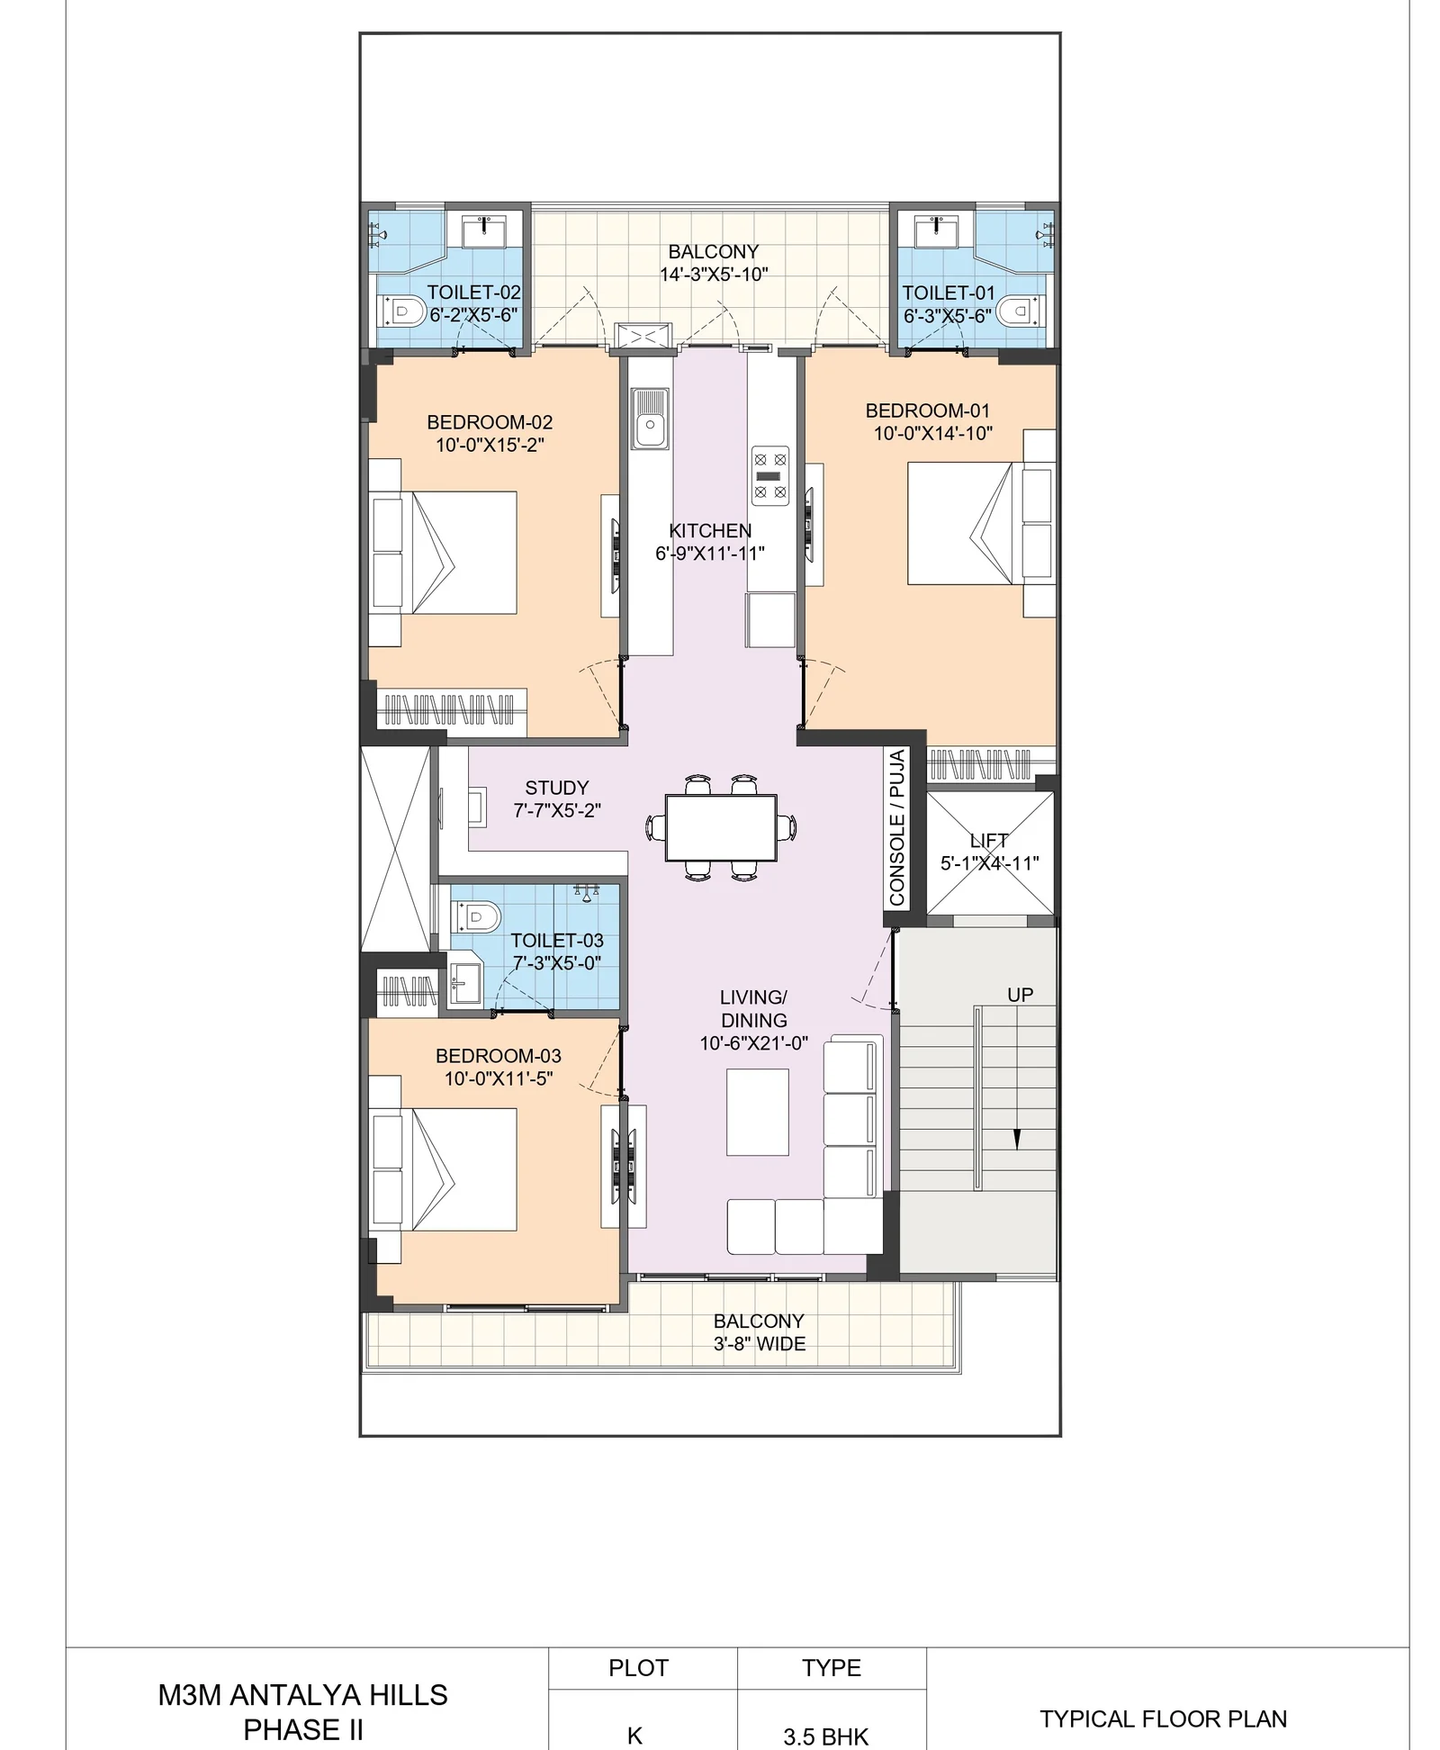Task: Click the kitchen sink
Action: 650,419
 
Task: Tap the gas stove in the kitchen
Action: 770,476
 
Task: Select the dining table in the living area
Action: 721,827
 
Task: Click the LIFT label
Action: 988,841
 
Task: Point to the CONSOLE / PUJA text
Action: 897,827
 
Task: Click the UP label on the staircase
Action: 1020,995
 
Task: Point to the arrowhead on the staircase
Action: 1018,1140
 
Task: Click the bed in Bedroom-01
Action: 981,523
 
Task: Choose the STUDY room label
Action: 557,788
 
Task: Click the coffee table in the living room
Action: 758,1112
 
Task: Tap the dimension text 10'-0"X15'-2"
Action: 490,445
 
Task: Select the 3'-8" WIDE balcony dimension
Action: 760,1344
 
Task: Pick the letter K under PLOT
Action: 634,1736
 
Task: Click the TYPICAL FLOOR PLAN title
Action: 1164,1718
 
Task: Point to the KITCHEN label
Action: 710,531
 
